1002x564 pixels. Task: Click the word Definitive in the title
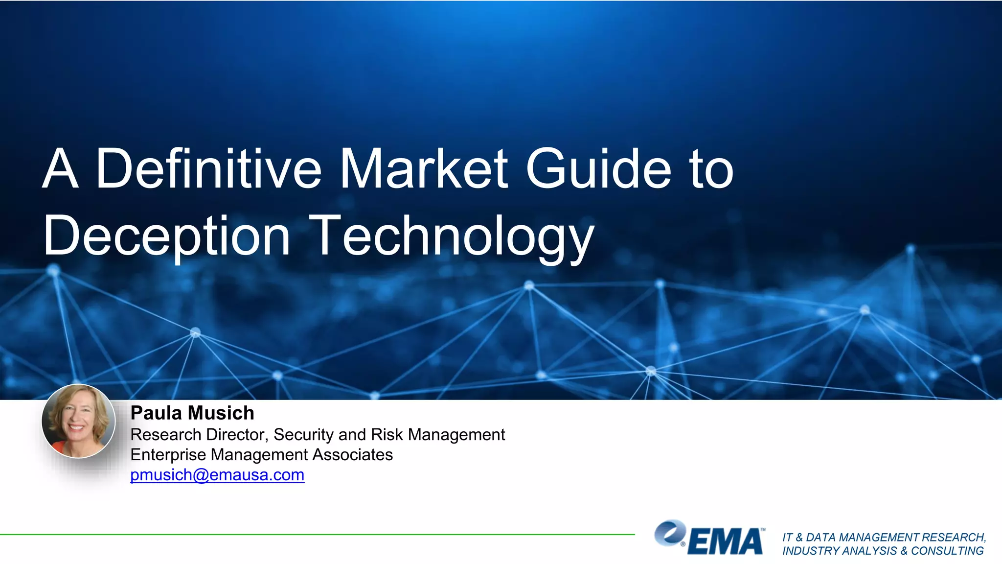[209, 168]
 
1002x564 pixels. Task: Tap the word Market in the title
[424, 168]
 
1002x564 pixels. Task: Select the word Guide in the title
[598, 168]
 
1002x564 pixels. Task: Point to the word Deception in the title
[167, 236]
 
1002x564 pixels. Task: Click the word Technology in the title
[453, 236]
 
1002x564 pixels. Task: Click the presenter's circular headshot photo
[78, 421]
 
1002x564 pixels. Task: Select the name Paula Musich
[192, 413]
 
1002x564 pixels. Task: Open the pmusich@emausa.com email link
[217, 475]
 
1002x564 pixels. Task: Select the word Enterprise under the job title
[168, 455]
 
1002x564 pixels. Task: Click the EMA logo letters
[726, 542]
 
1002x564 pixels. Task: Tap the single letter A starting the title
[60, 168]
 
